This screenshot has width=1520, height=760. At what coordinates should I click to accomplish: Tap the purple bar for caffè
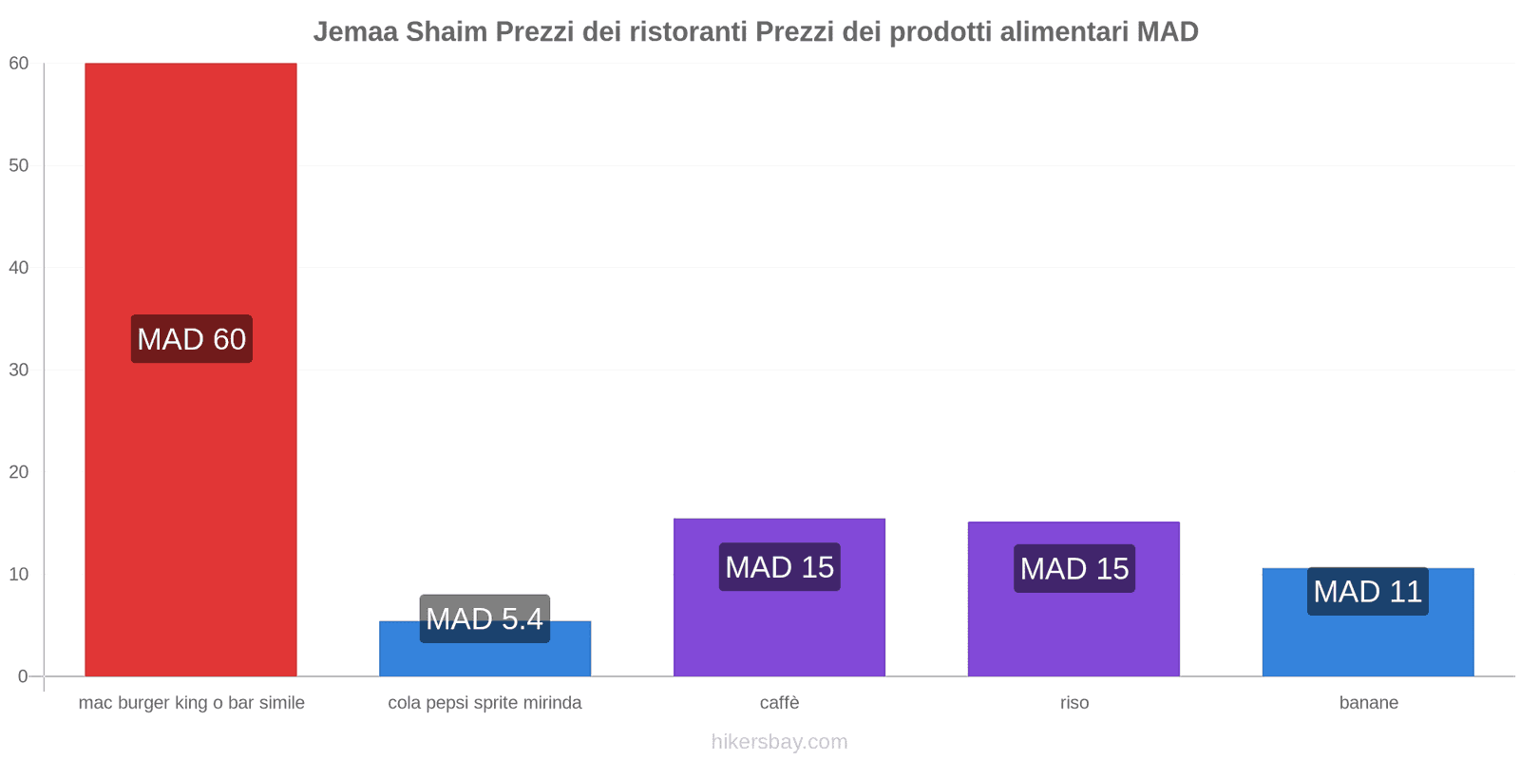pos(779,627)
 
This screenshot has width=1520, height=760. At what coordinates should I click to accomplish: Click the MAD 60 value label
pos(191,339)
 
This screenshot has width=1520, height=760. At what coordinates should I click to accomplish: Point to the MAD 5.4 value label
pos(484,618)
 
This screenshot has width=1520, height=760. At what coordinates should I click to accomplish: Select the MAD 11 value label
pos(1367,592)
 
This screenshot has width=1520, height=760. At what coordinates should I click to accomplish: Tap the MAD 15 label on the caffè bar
pos(779,567)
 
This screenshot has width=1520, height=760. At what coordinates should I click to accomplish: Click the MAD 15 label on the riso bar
pos(1073,568)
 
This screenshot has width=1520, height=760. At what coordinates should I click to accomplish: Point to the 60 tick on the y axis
pos(19,64)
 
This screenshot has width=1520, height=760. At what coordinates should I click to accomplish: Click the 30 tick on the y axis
pos(19,370)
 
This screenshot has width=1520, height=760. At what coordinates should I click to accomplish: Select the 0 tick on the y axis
pos(23,676)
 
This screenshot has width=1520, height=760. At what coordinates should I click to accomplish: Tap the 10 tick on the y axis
pos(19,574)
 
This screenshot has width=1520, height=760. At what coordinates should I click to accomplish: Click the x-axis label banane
pos(1368,703)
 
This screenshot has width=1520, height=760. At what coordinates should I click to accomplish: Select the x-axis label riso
pos(1074,703)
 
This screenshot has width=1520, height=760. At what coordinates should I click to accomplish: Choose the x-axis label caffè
pos(779,703)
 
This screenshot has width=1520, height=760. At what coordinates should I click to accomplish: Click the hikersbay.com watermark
pos(779,742)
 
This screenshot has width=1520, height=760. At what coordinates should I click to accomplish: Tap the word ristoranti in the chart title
pos(688,32)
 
